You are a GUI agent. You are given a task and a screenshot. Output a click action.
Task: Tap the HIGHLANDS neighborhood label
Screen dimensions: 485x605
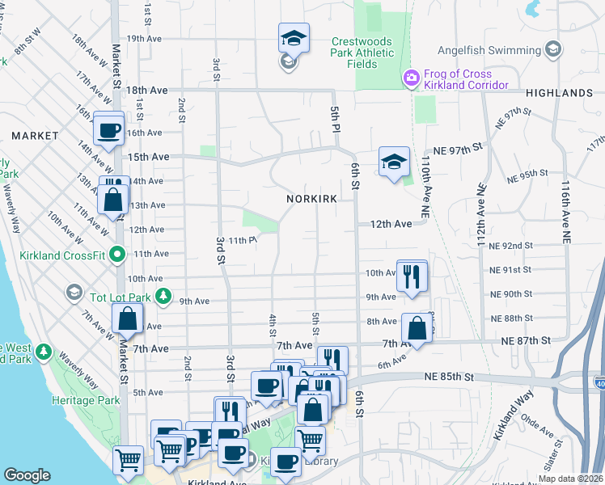click(x=558, y=93)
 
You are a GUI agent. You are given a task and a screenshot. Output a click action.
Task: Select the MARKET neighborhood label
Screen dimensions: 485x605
click(x=35, y=135)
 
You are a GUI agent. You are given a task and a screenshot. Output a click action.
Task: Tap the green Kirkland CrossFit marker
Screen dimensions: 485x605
click(x=118, y=255)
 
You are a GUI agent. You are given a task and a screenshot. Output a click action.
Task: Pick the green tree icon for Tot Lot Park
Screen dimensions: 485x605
click(x=163, y=296)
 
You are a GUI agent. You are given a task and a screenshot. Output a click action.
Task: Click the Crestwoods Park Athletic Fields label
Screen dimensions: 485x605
click(x=363, y=53)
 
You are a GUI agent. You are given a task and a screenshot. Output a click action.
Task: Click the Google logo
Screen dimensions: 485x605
click(x=27, y=475)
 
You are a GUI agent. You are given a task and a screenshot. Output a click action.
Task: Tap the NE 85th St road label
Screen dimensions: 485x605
click(x=447, y=377)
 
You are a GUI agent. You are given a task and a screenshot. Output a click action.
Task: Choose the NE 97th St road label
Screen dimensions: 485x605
click(x=457, y=150)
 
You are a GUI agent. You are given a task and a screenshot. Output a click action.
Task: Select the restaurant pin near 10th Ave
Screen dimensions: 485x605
click(x=412, y=276)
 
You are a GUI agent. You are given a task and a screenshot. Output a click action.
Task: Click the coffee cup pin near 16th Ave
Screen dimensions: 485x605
click(x=108, y=129)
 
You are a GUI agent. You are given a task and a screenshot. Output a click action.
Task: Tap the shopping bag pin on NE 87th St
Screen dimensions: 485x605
click(x=416, y=329)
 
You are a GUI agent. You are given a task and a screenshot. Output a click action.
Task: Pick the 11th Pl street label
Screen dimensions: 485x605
click(x=242, y=240)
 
